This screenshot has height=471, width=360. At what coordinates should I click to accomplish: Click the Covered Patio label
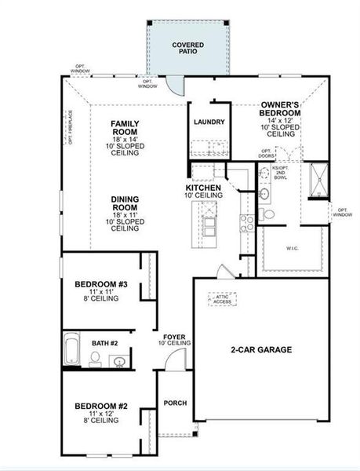(x=188, y=48)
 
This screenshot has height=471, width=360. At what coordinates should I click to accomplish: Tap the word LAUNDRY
(x=209, y=122)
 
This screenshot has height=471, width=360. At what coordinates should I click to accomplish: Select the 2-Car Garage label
(x=261, y=349)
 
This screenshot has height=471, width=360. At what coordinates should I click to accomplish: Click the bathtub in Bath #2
(x=71, y=350)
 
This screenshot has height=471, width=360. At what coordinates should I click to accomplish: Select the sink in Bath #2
(x=119, y=361)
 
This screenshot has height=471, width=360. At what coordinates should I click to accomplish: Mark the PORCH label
(x=175, y=403)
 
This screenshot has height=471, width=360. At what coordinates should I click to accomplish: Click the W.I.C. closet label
(x=292, y=249)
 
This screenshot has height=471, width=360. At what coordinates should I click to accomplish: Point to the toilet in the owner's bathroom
(x=267, y=214)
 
